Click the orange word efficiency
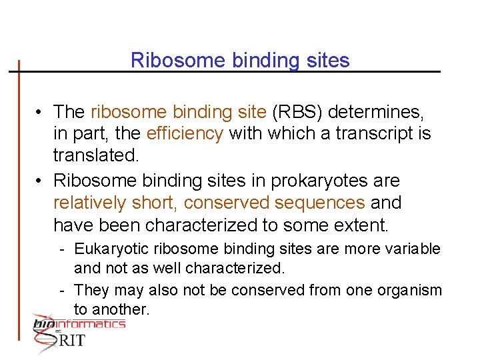click(x=185, y=133)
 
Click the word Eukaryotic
click(x=112, y=249)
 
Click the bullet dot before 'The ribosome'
click(x=41, y=112)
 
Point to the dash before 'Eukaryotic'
click(x=61, y=250)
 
